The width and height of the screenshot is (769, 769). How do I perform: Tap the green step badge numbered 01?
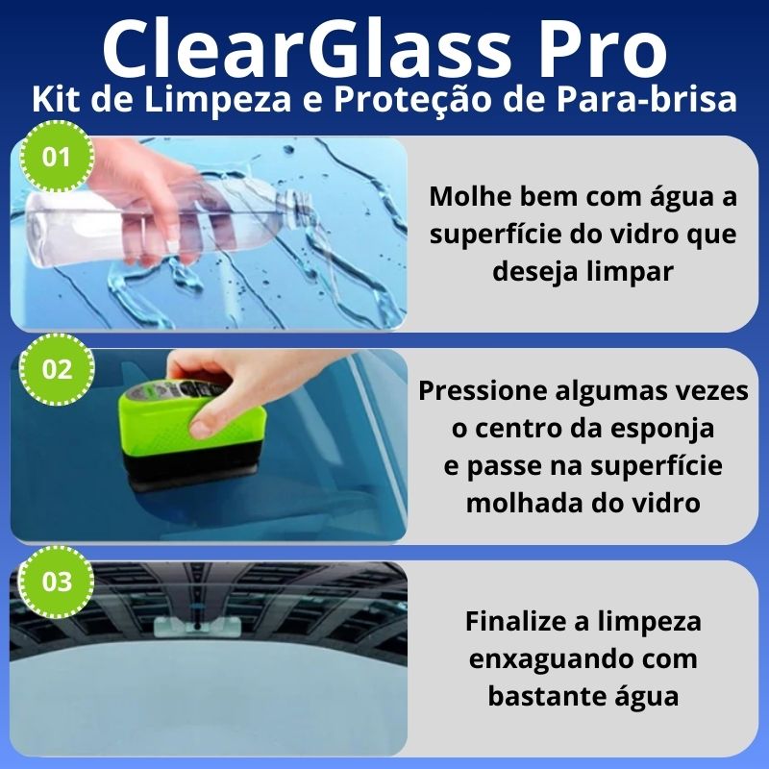click(x=57, y=157)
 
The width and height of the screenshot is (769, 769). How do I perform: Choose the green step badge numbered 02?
click(x=57, y=369)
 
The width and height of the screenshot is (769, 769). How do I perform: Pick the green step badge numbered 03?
click(x=57, y=582)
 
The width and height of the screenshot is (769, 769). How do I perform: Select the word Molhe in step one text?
click(x=470, y=196)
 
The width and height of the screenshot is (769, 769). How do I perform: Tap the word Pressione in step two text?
click(x=483, y=391)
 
